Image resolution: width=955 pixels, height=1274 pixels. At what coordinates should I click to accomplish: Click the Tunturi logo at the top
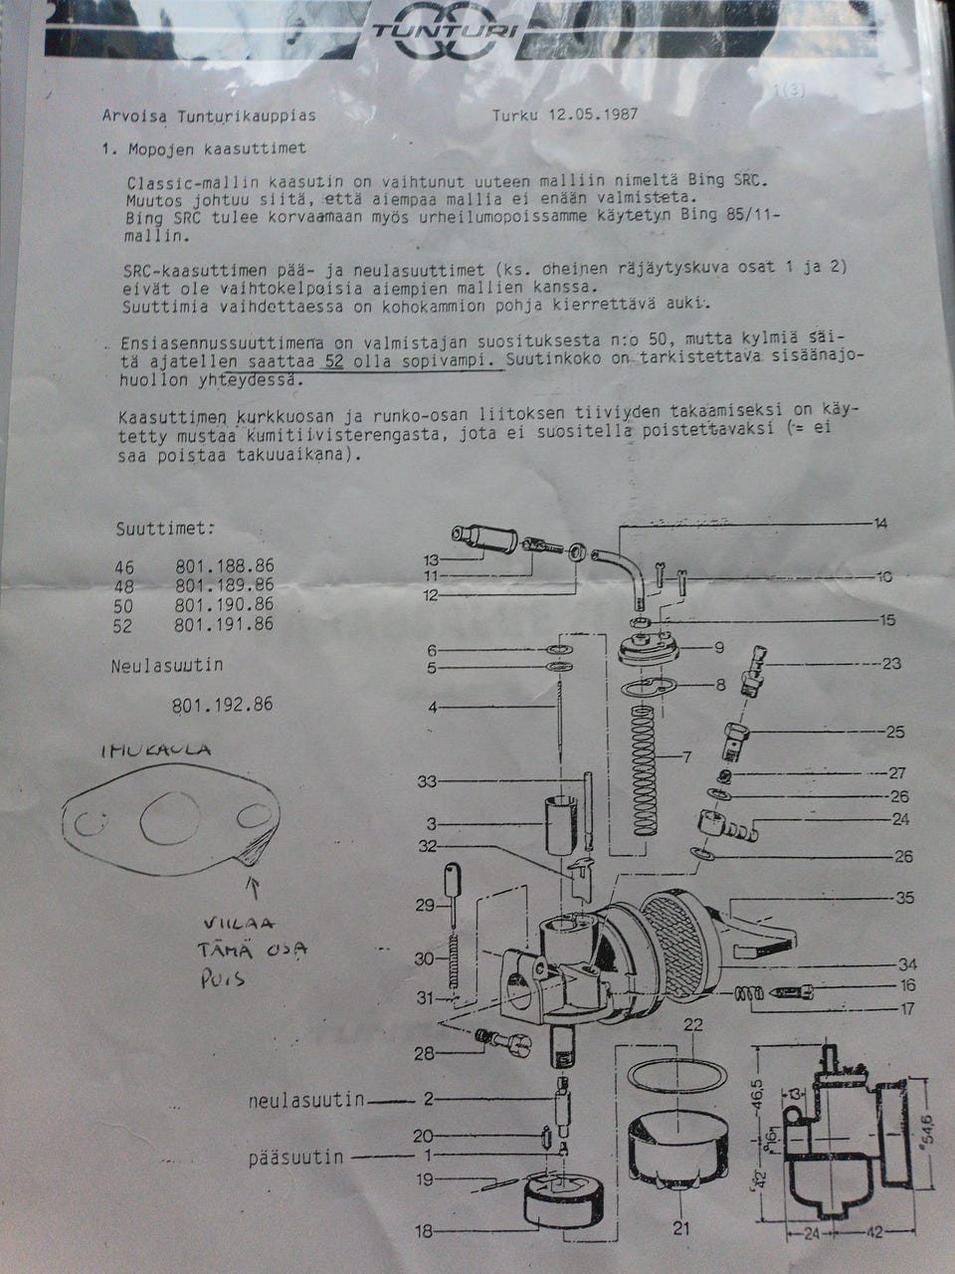pyautogui.click(x=445, y=30)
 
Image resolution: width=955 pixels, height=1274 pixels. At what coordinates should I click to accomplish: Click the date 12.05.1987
pyautogui.click(x=593, y=113)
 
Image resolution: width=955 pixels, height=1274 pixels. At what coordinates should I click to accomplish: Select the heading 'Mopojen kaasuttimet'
pyautogui.click(x=217, y=148)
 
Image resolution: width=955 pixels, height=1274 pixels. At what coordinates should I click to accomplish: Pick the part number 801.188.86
pyautogui.click(x=225, y=566)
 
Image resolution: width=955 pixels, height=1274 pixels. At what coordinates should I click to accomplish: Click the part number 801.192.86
pyautogui.click(x=222, y=705)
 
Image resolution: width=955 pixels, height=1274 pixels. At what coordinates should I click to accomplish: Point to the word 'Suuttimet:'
pyautogui.click(x=165, y=530)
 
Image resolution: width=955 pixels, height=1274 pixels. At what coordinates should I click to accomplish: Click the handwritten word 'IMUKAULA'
pyautogui.click(x=156, y=749)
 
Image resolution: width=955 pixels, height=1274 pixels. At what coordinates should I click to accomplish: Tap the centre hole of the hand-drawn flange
pyautogui.click(x=170, y=818)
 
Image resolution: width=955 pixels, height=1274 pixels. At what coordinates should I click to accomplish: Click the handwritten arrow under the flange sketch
pyautogui.click(x=254, y=889)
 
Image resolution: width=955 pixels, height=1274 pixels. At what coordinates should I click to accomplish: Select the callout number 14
pyautogui.click(x=879, y=524)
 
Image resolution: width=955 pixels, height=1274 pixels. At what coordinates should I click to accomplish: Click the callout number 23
pyautogui.click(x=891, y=663)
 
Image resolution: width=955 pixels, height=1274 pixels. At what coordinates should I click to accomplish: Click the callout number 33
pyautogui.click(x=427, y=782)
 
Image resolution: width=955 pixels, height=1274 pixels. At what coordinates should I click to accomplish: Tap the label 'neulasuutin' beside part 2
pyautogui.click(x=306, y=1100)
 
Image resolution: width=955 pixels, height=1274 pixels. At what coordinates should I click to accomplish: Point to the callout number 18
pyautogui.click(x=424, y=1230)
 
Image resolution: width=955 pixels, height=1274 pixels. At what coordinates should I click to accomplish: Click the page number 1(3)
pyautogui.click(x=790, y=92)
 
